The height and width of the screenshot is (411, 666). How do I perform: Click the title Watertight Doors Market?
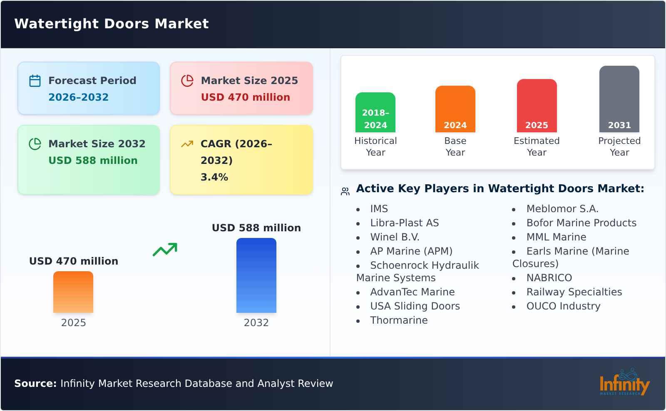(112, 24)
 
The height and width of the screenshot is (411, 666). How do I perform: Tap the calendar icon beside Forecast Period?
(35, 81)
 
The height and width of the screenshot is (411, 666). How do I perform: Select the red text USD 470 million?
(245, 97)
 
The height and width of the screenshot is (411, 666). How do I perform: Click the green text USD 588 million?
(93, 161)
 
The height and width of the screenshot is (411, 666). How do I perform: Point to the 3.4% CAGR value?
(214, 177)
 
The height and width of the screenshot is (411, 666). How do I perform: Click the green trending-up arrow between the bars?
(165, 250)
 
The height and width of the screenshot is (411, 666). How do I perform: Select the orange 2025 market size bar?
(73, 292)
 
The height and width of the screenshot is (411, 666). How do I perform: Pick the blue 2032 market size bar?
(256, 275)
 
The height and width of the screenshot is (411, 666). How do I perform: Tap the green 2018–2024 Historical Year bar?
(375, 112)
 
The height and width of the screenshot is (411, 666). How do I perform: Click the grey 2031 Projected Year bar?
(619, 99)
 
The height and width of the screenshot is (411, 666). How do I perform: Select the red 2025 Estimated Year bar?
(537, 106)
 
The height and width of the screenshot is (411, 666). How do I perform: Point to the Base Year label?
(455, 146)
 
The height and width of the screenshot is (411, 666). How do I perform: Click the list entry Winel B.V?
(395, 237)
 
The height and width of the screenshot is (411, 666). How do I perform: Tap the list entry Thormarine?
(399, 320)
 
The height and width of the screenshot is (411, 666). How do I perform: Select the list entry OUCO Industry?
(563, 306)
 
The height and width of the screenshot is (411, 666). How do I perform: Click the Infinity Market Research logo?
(624, 383)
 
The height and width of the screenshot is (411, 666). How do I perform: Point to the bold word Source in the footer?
(35, 384)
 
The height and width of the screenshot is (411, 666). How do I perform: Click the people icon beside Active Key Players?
(345, 191)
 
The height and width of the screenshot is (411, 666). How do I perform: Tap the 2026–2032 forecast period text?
(78, 97)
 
